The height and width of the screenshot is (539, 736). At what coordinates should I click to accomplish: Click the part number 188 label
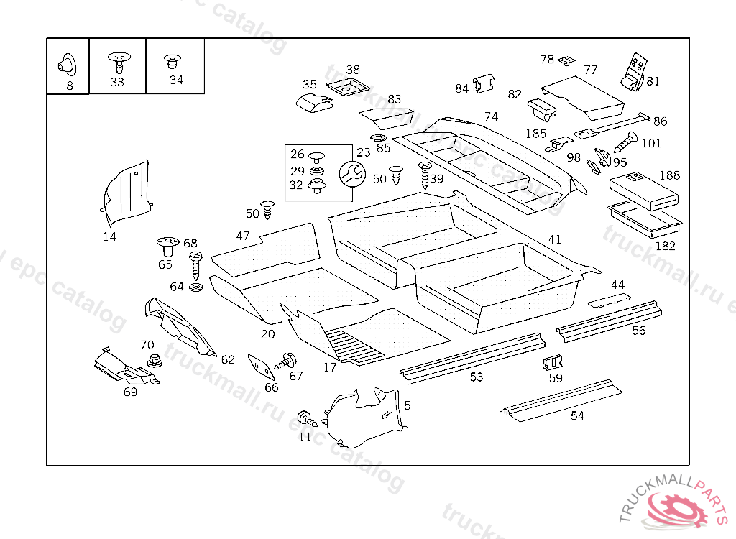pos(669,175)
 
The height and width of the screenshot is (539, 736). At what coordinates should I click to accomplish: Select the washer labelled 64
pos(195,288)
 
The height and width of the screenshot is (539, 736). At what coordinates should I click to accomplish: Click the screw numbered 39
pos(424,175)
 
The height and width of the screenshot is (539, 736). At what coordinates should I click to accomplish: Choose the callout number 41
pos(554,239)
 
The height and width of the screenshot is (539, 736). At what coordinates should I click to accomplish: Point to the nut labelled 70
pos(153,360)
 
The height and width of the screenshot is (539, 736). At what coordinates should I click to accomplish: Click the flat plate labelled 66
pos(260,366)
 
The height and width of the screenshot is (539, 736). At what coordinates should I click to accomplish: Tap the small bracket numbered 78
pos(568,60)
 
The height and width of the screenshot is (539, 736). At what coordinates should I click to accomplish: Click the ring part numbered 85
pos(379,137)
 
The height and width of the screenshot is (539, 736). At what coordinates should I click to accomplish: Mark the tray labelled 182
pos(644,218)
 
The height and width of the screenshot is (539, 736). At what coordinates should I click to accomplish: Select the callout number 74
pos(491,116)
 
